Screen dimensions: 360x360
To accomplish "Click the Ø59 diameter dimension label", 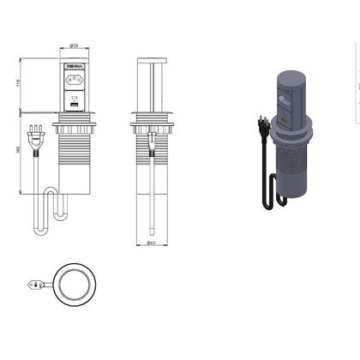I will [x=74, y=46].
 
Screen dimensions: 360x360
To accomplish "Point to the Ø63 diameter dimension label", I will [x=152, y=243].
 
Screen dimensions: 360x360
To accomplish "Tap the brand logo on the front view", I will [x=74, y=66].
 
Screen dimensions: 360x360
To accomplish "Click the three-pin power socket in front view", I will [x=74, y=84].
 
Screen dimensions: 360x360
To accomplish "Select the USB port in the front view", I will [x=74, y=108].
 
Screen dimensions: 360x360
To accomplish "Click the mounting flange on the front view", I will [x=74, y=125].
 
